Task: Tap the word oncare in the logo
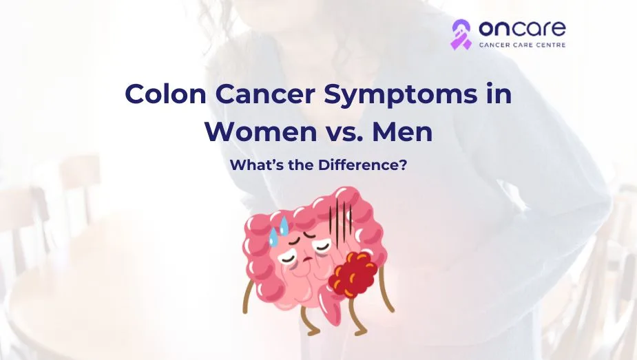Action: point(522,29)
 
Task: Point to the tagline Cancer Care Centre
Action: point(522,46)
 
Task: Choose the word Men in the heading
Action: point(403,131)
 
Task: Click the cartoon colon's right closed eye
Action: point(317,252)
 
